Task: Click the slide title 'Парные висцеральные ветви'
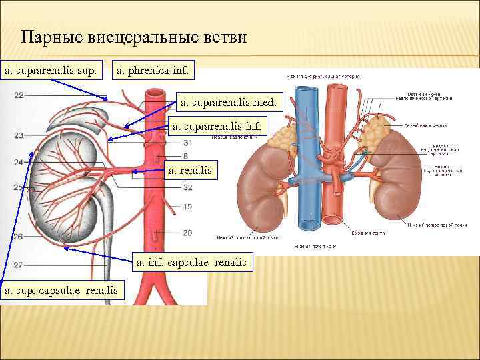click(133, 37)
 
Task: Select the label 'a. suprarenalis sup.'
click(51, 69)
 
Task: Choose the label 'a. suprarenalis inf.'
click(218, 125)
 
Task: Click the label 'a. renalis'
click(190, 171)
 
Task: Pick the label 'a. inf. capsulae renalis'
click(191, 263)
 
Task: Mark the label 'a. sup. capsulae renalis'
click(63, 290)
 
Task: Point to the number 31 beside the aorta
click(187, 143)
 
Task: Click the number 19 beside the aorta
click(187, 207)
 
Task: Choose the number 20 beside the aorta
click(187, 233)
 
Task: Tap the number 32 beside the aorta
click(187, 187)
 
